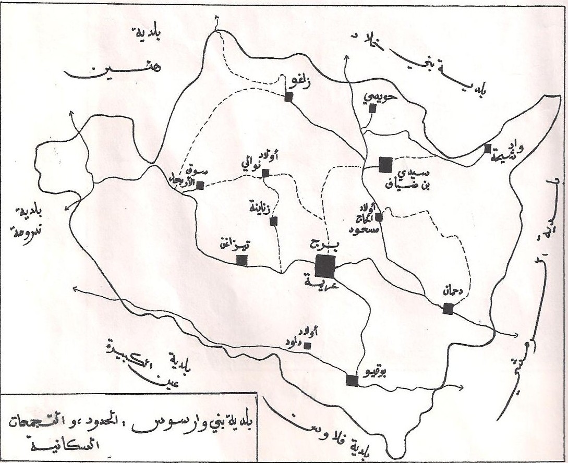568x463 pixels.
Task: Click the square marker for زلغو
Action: pyautogui.click(x=288, y=97)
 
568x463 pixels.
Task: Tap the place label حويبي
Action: pyautogui.click(x=383, y=96)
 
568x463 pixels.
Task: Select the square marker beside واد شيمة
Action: pyautogui.click(x=487, y=149)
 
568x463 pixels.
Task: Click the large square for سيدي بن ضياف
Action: pyautogui.click(x=385, y=165)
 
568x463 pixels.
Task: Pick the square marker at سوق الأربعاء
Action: pyautogui.click(x=200, y=184)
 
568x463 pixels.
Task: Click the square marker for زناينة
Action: pyautogui.click(x=273, y=221)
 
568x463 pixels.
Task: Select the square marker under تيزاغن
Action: pyautogui.click(x=241, y=260)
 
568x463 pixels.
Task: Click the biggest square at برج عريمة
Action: pyautogui.click(x=325, y=266)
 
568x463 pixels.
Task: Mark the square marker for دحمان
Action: pyautogui.click(x=448, y=309)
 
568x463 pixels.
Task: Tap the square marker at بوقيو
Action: pyautogui.click(x=353, y=380)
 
